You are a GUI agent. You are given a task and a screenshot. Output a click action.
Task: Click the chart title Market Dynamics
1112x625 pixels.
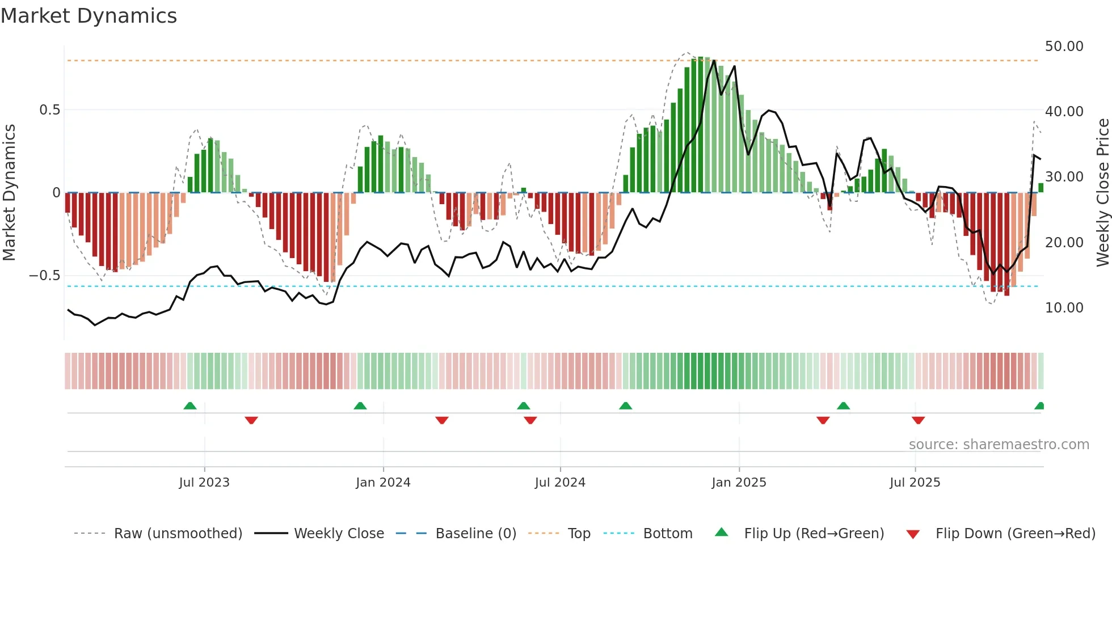point(89,16)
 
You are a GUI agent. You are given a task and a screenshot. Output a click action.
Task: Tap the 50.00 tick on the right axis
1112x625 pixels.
point(1064,47)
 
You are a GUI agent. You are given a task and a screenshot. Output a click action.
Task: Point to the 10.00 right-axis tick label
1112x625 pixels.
point(1064,308)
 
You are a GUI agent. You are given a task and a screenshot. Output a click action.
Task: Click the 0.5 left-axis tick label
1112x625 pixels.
point(49,110)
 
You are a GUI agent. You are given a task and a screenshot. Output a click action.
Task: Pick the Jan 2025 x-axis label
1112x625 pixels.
point(739,483)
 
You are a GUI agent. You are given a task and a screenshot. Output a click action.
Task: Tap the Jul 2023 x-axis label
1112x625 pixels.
point(204,483)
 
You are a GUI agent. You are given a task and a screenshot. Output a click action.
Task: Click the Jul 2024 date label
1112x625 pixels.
point(560,483)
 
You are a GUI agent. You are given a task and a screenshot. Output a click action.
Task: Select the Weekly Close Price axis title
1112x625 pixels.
point(1102,193)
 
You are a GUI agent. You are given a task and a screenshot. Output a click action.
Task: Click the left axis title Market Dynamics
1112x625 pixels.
point(9,193)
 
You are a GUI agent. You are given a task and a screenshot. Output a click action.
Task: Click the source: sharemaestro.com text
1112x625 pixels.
point(999,445)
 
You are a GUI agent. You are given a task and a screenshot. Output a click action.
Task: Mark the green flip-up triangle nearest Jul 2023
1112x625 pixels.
point(190,406)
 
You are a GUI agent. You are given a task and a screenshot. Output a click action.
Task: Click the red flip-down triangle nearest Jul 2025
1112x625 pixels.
point(918,420)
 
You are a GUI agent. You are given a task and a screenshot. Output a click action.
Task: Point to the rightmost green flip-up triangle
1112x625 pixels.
point(1039,406)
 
